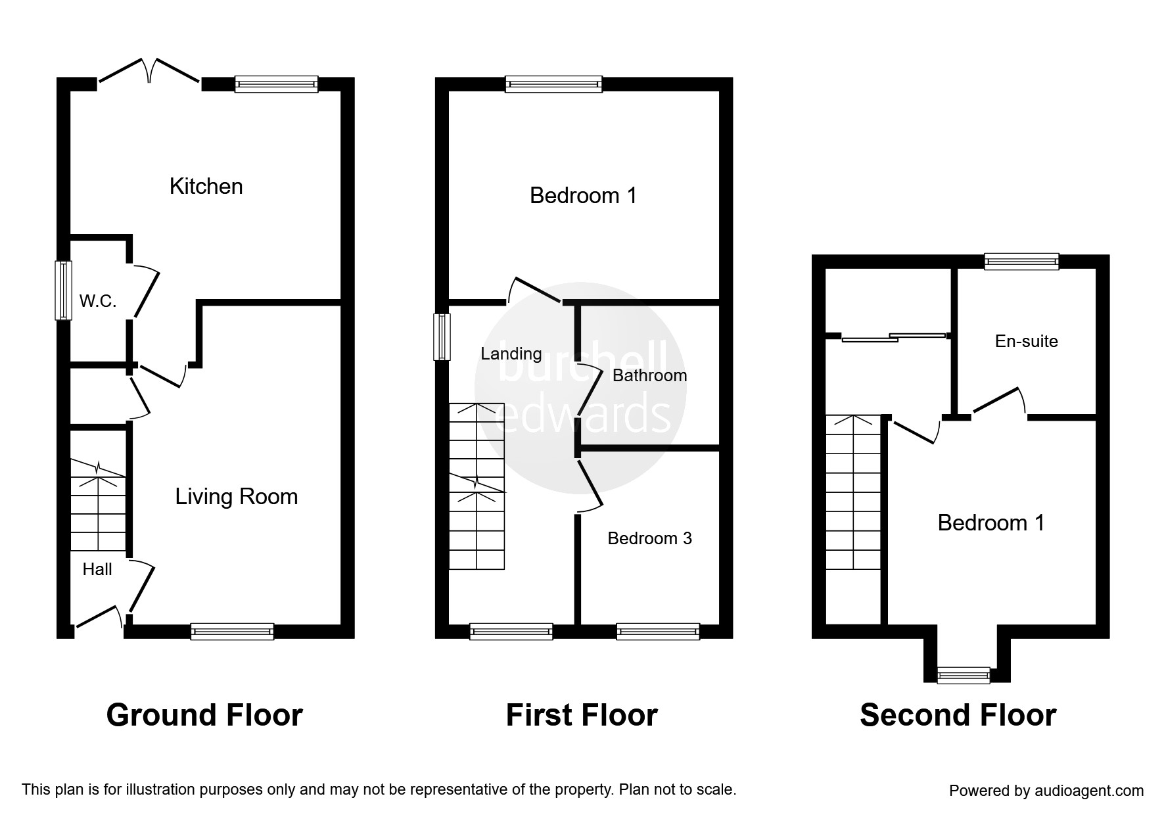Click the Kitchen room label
[x=206, y=187]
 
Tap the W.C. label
[x=98, y=302]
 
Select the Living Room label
[x=237, y=497]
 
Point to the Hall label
[x=97, y=569]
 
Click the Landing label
[x=511, y=354]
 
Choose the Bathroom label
[x=649, y=375]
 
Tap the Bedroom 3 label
[x=649, y=538]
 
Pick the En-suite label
[x=1027, y=341]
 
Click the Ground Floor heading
[x=204, y=715]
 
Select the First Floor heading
[x=582, y=715]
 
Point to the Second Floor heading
[x=958, y=715]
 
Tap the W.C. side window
[x=63, y=291]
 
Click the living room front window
[x=232, y=631]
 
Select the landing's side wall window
[x=442, y=337]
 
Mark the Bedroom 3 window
[x=658, y=631]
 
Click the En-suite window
[x=1021, y=261]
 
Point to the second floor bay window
[x=964, y=675]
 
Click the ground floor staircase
[x=98, y=505]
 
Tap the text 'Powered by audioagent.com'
[x=1046, y=791]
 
